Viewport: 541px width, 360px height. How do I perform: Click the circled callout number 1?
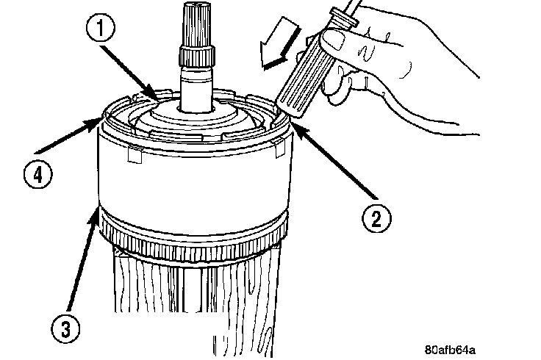point(101,28)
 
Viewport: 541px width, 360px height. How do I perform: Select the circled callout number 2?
point(376,219)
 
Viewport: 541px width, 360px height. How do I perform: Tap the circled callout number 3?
point(65,328)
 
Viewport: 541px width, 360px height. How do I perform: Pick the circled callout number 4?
point(38,174)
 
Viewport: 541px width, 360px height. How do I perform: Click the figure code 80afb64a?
point(450,350)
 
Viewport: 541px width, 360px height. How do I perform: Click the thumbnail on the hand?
point(332,39)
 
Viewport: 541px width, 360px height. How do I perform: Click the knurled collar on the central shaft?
point(197,56)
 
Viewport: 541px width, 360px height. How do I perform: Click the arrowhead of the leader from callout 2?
point(298,131)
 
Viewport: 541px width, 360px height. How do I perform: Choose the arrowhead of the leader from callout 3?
point(96,213)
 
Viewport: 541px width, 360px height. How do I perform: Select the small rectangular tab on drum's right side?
point(279,148)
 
